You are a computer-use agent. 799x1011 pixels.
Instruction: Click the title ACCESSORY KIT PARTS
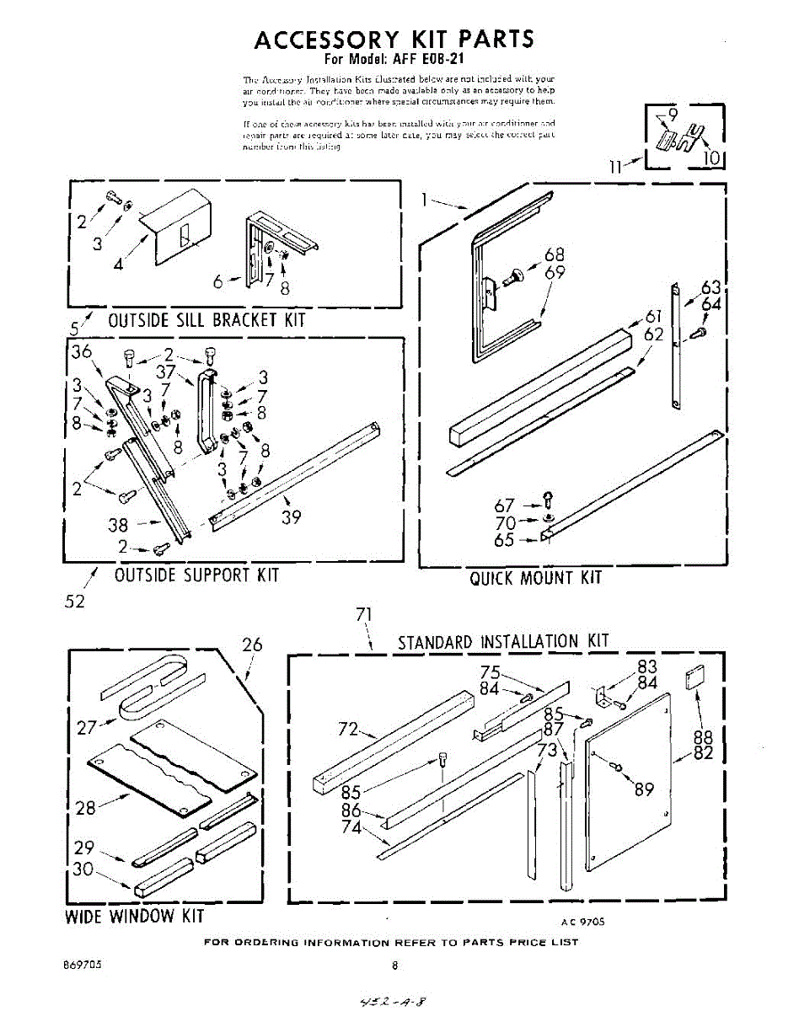(394, 40)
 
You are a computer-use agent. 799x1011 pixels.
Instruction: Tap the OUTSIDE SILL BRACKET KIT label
(206, 321)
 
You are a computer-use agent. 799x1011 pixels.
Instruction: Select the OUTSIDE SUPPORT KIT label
(196, 575)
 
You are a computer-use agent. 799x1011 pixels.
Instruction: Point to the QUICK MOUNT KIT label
(536, 578)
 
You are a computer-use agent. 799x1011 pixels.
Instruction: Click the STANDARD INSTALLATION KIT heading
(502, 642)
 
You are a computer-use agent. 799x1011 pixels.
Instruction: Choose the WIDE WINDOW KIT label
(135, 916)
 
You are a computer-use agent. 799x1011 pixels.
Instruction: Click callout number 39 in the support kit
(291, 517)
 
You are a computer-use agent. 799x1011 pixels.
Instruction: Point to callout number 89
(644, 789)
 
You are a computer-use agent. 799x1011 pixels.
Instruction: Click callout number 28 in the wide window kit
(85, 808)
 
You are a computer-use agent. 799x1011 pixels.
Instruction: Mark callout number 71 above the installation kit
(364, 615)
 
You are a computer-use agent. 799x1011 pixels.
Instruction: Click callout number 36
(82, 352)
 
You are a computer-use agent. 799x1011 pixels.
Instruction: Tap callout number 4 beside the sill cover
(118, 264)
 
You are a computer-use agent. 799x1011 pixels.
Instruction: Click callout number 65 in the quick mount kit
(504, 540)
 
